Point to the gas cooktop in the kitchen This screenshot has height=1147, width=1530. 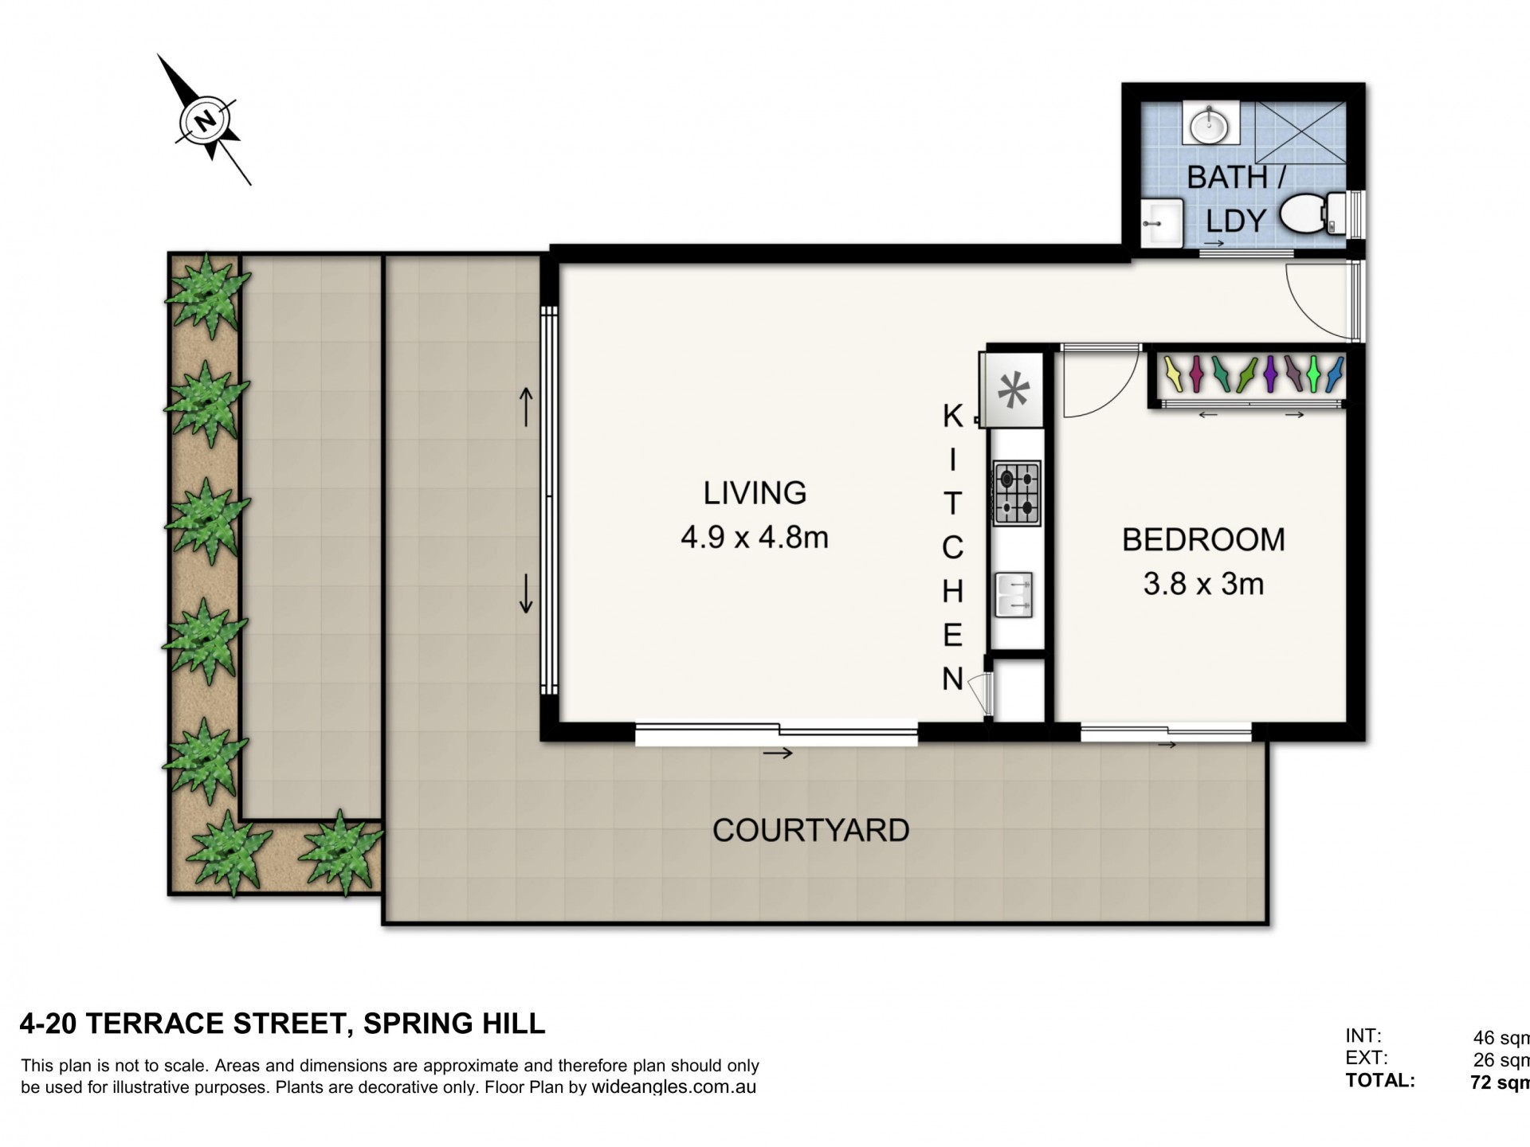pyautogui.click(x=1017, y=493)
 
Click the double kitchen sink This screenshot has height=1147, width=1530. pyautogui.click(x=1014, y=595)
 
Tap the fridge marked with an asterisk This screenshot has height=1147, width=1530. pyautogui.click(x=1013, y=390)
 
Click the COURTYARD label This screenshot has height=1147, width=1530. pyautogui.click(x=810, y=830)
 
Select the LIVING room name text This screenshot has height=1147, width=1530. pyautogui.click(x=755, y=493)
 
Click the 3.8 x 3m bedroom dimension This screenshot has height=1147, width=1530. pyautogui.click(x=1203, y=584)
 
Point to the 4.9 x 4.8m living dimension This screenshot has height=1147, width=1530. pyautogui.click(x=755, y=538)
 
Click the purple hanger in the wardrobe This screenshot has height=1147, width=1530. pyautogui.click(x=1270, y=374)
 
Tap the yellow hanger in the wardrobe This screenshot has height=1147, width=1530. pyautogui.click(x=1172, y=374)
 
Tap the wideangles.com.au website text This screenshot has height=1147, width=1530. pyautogui.click(x=673, y=1088)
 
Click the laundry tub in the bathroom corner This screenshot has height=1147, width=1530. pyautogui.click(x=1161, y=224)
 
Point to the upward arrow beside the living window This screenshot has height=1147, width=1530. pyautogui.click(x=526, y=406)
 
